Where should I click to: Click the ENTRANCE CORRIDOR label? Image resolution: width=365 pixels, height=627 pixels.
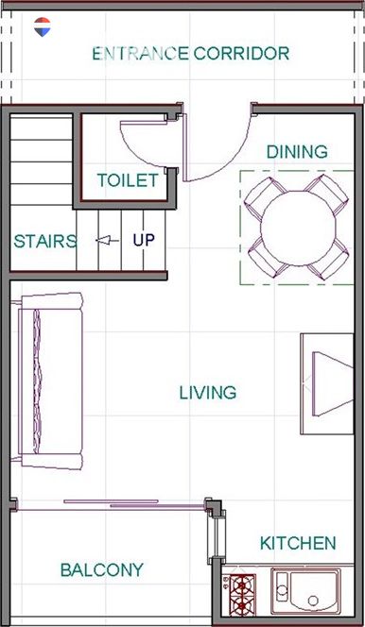coord(190,54)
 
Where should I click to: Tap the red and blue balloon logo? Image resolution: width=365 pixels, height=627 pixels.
coord(42,26)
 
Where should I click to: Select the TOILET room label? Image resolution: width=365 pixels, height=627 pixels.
coord(128,180)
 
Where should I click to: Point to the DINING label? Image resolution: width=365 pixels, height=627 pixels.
coord(297,151)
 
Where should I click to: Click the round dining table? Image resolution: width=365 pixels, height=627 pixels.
coord(298,228)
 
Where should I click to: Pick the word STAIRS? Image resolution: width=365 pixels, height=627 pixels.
coord(44,241)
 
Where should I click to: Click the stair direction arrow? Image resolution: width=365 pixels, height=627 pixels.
coord(107,241)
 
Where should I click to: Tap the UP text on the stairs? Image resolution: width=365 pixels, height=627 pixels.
coord(144,240)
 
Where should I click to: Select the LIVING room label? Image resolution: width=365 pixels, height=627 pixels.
coord(208,393)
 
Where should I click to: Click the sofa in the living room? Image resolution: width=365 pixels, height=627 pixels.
coord(48,381)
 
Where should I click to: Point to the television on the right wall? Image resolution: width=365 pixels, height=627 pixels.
coord(327,384)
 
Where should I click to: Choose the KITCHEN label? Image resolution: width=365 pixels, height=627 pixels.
coord(298,543)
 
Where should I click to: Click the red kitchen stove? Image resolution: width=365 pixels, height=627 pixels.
coord(242,595)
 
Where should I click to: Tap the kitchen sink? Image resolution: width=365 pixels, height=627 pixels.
coord(306,591)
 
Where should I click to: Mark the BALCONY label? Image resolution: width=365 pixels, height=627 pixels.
coord(102,569)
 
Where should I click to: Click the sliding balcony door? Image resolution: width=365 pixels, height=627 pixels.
coord(112,505)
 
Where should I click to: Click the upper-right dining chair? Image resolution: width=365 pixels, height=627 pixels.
coord(327,193)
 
